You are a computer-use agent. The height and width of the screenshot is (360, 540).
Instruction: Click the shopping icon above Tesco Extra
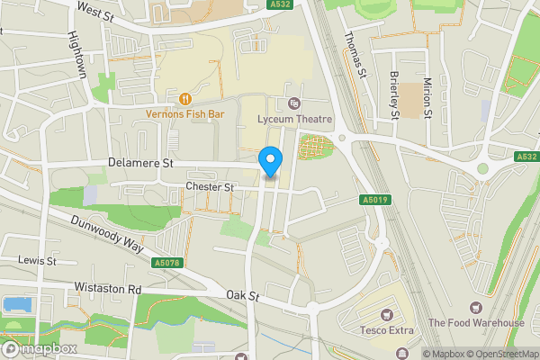[387, 314]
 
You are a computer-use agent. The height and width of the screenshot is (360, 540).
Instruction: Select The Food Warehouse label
[476, 323]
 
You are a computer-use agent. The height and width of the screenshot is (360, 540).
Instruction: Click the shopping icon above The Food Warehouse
[475, 308]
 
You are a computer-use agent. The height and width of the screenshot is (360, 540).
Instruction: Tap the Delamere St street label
[139, 164]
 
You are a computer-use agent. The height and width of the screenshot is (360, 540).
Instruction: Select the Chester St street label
[209, 187]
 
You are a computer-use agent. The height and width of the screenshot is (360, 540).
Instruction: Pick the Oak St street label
[242, 295]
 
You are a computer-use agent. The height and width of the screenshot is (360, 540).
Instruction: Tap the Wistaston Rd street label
[110, 290]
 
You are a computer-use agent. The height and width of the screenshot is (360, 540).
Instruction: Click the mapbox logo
[39, 348]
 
